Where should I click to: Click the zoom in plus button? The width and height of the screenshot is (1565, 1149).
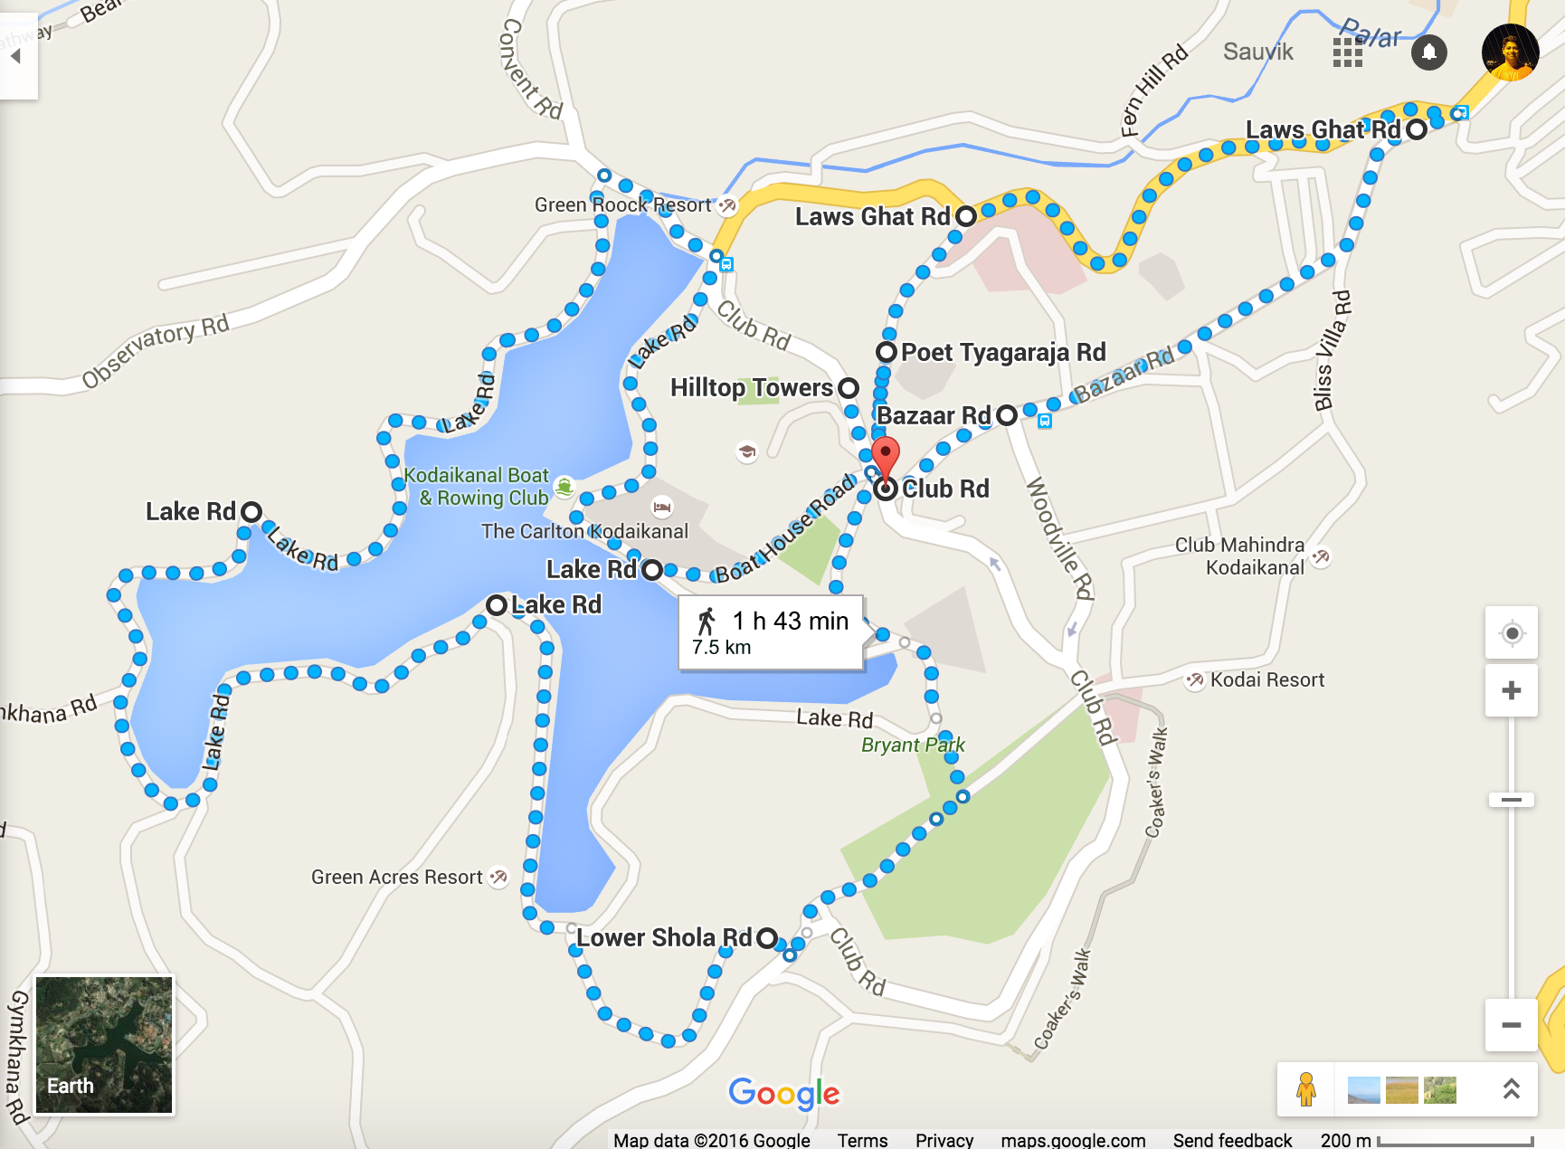(x=1511, y=691)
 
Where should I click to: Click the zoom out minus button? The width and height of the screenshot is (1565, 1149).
(x=1511, y=1025)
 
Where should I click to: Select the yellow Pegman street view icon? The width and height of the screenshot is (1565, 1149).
(x=1305, y=1089)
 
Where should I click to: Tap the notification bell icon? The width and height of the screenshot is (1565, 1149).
(x=1429, y=52)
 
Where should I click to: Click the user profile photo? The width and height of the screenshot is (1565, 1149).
(x=1510, y=52)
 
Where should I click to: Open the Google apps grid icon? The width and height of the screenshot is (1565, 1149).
(x=1348, y=52)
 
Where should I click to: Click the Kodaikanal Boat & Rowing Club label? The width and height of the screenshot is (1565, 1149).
(x=477, y=487)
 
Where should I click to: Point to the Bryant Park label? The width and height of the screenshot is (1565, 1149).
(x=913, y=745)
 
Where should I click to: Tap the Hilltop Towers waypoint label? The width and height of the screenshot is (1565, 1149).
(x=751, y=388)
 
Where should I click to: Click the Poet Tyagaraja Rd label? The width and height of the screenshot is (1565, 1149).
(x=1002, y=352)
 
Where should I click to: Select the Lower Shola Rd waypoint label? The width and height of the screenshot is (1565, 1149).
(x=664, y=937)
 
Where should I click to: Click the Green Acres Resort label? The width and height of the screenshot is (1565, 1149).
(x=397, y=877)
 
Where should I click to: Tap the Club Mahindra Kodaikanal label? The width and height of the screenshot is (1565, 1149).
(x=1240, y=556)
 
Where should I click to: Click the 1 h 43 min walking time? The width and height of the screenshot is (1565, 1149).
(x=790, y=621)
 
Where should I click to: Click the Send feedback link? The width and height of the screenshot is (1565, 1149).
(x=1232, y=1140)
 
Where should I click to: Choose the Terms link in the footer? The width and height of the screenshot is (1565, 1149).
(x=862, y=1140)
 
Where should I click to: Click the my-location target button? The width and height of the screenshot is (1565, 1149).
(x=1511, y=632)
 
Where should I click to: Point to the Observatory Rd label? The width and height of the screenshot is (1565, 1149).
(x=155, y=351)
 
